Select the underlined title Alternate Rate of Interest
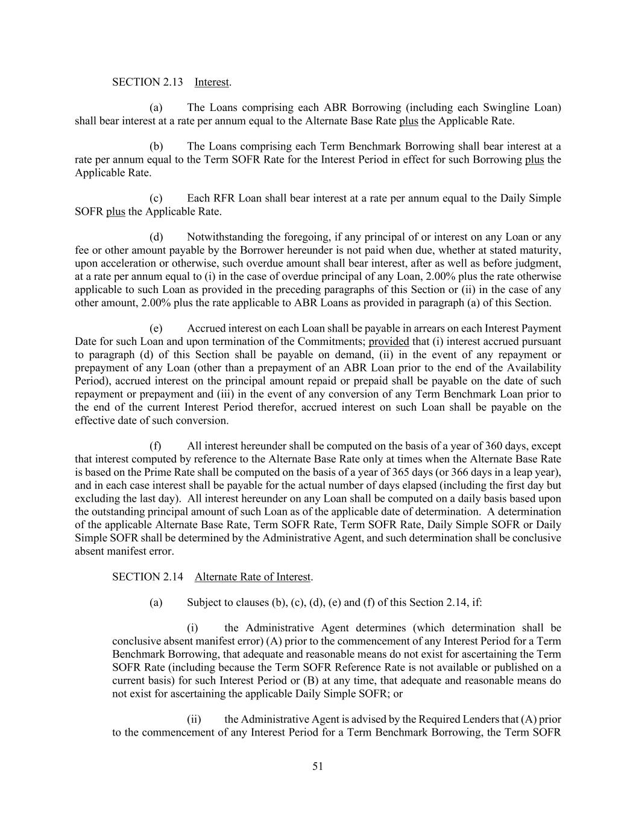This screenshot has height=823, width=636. point(252,577)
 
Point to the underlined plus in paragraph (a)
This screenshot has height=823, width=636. point(408,121)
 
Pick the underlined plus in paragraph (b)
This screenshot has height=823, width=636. point(534,160)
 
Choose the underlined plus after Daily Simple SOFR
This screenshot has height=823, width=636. point(116,212)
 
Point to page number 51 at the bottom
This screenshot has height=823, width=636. point(318,766)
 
